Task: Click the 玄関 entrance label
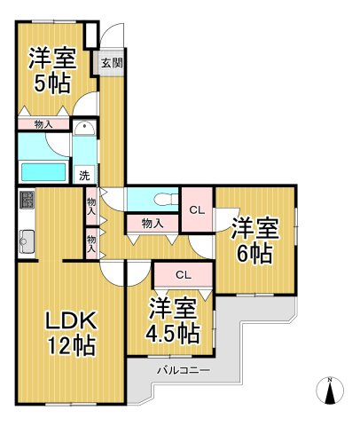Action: tap(111, 63)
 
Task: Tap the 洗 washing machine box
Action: tap(84, 175)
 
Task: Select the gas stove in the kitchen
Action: tap(26, 200)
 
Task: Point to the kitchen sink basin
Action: tap(26, 239)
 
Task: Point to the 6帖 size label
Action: tap(255, 254)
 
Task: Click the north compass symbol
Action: tap(330, 390)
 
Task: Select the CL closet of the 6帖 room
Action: tap(198, 209)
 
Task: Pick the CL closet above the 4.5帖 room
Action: tap(183, 274)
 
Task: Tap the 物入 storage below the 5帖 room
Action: tap(43, 124)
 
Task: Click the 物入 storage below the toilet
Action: tap(153, 223)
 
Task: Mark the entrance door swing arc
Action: tap(109, 35)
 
